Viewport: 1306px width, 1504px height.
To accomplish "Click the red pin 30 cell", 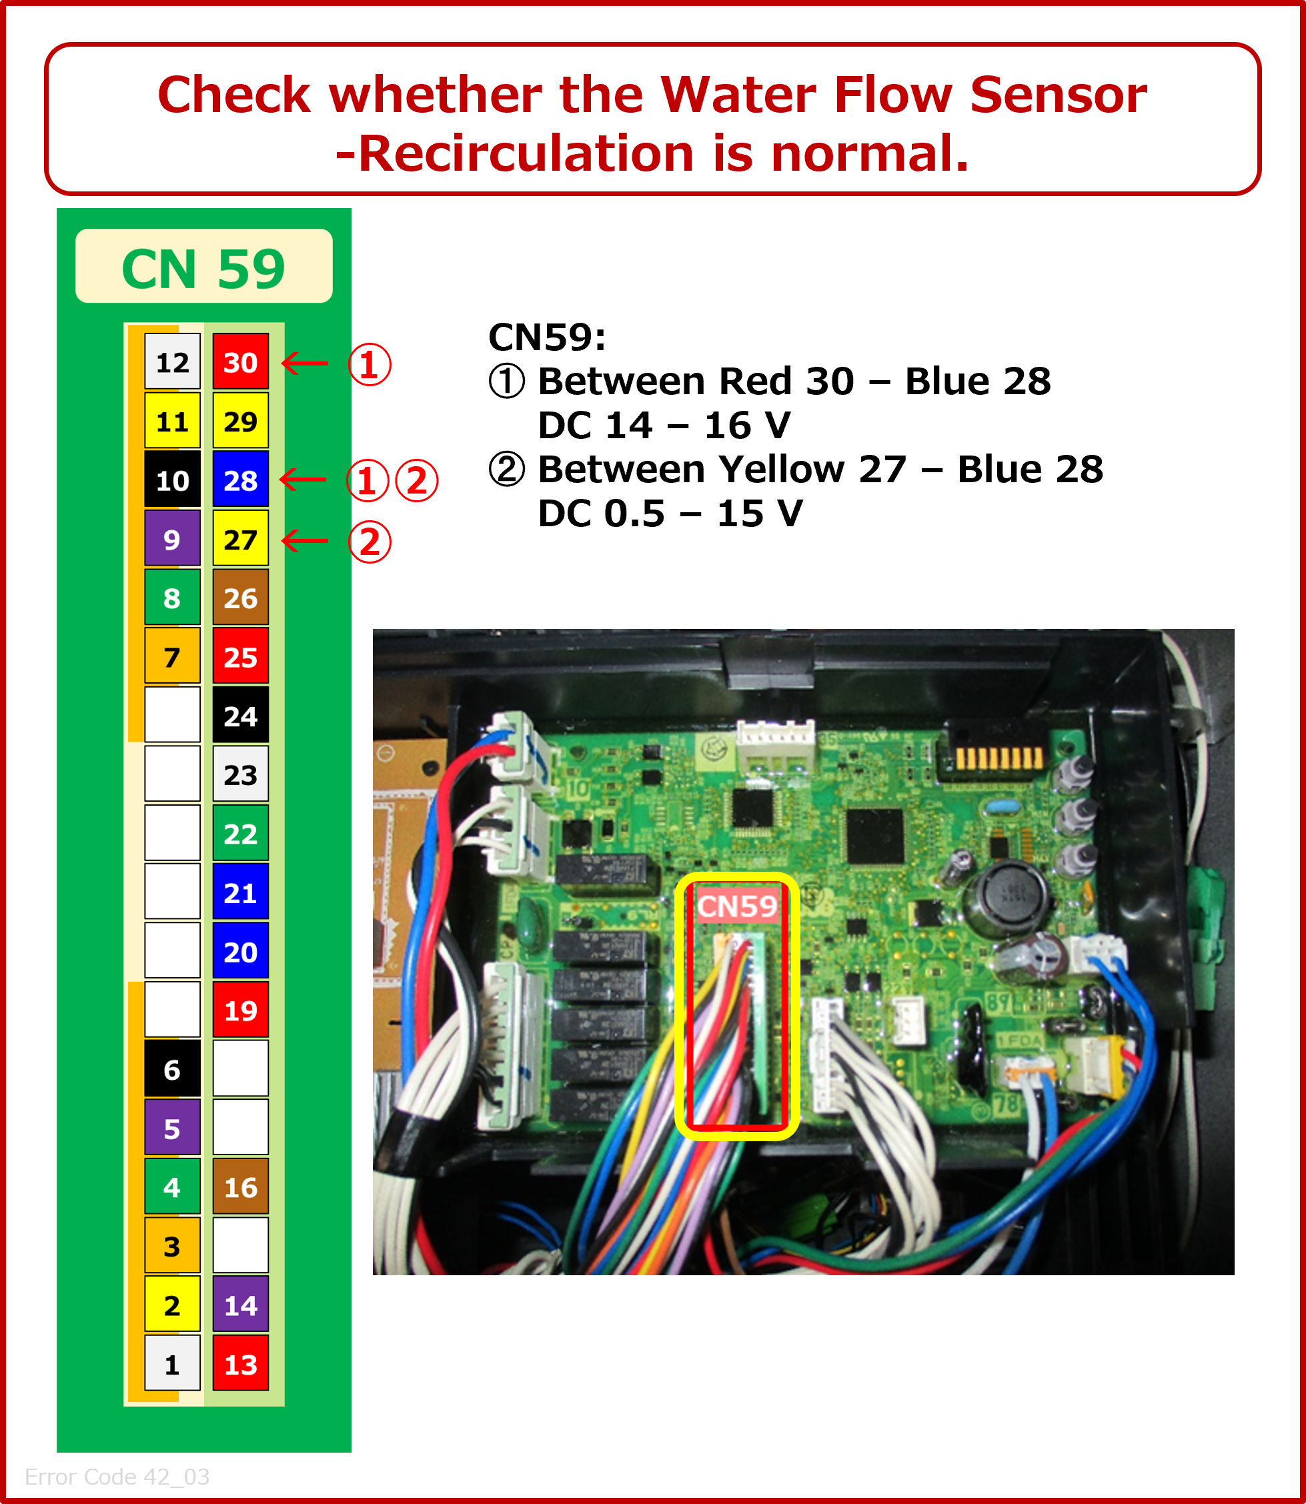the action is click(241, 361).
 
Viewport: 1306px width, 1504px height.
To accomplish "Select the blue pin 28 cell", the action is click(241, 480).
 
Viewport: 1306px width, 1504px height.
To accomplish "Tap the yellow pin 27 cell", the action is click(241, 538).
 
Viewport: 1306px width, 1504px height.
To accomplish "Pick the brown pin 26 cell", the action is click(241, 598).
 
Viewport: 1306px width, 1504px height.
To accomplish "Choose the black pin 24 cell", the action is click(241, 716).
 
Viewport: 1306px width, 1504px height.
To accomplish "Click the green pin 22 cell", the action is click(241, 833).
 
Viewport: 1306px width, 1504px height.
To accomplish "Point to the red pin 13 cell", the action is click(241, 1363).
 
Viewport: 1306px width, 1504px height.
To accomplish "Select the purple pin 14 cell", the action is click(241, 1305).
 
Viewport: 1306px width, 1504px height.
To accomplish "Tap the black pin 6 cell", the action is click(172, 1069).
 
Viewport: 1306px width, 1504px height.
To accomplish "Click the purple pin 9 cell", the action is click(172, 538).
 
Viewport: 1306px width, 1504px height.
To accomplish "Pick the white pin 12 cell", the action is click(172, 361).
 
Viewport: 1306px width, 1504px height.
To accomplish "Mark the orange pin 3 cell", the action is click(172, 1245).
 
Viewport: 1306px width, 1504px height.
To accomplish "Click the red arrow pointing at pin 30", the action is click(305, 362).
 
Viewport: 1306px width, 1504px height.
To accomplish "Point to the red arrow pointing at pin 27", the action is click(305, 541).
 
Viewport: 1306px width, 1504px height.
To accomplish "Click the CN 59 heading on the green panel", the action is click(203, 268).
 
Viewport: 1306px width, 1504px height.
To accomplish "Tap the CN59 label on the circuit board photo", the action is click(737, 906).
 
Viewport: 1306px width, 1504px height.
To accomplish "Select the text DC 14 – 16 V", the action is click(664, 425).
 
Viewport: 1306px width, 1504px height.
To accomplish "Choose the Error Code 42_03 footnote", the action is click(117, 1476).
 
